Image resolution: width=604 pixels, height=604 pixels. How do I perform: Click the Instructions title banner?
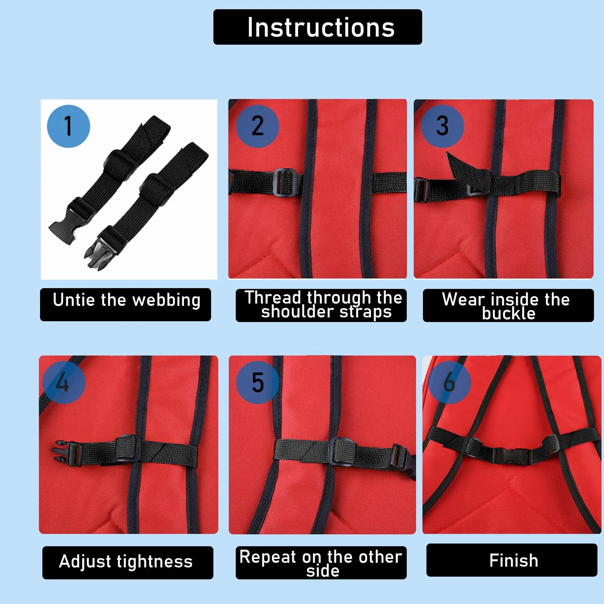[x=318, y=27]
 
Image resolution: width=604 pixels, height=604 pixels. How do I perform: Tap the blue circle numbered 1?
[x=69, y=126]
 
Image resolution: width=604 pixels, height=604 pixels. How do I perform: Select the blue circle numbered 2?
[x=257, y=126]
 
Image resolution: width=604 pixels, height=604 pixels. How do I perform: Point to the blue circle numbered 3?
[x=442, y=126]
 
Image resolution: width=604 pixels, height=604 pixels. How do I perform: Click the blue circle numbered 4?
[x=64, y=383]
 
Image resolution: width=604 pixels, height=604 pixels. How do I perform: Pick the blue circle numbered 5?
[x=257, y=383]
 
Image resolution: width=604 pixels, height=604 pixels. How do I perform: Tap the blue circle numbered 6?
[x=450, y=383]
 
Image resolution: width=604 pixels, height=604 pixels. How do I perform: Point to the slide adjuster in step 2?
[x=286, y=182]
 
